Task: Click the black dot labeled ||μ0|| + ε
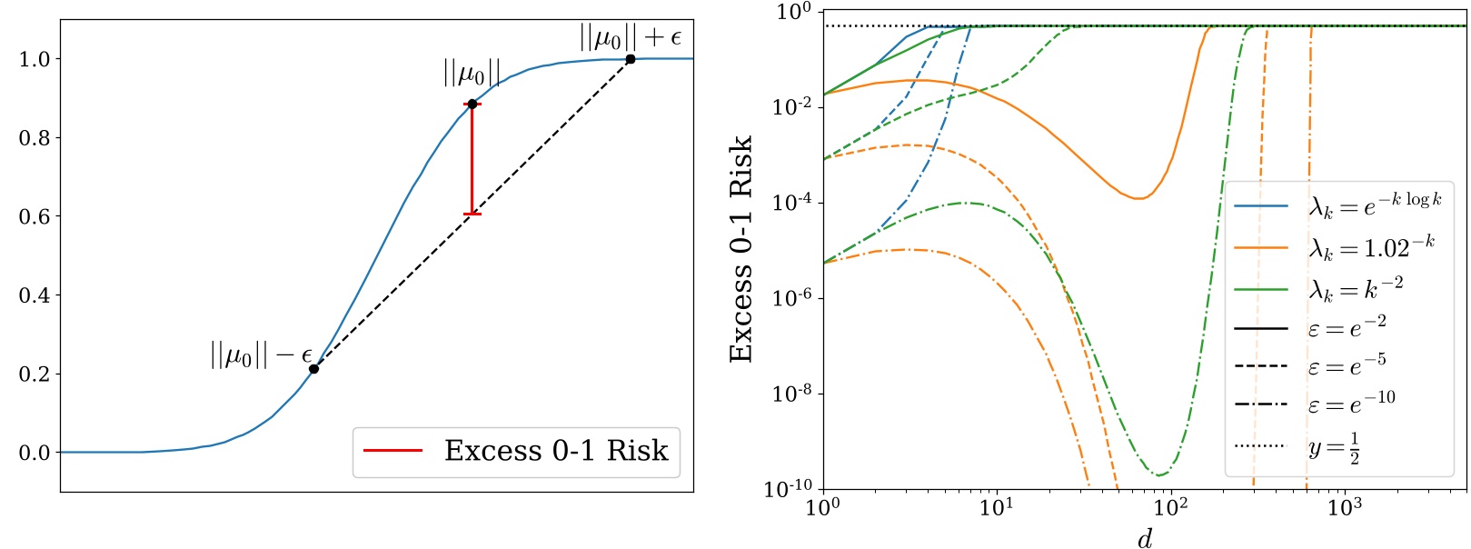[631, 59]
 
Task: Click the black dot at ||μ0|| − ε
[313, 369]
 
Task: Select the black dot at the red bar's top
[472, 104]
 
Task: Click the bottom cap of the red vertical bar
[472, 214]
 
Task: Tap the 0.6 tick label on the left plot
[34, 216]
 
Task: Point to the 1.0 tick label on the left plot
[34, 59]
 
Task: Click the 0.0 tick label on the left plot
[34, 453]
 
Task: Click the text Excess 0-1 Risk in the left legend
[556, 451]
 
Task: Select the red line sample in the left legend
[393, 451]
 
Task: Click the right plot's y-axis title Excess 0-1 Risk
[741, 249]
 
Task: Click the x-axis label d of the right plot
[1145, 539]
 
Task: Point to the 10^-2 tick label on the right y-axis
[790, 107]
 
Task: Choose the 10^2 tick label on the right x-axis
[1171, 506]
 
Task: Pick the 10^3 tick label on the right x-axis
[1345, 506]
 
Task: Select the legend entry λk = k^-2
[1356, 288]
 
